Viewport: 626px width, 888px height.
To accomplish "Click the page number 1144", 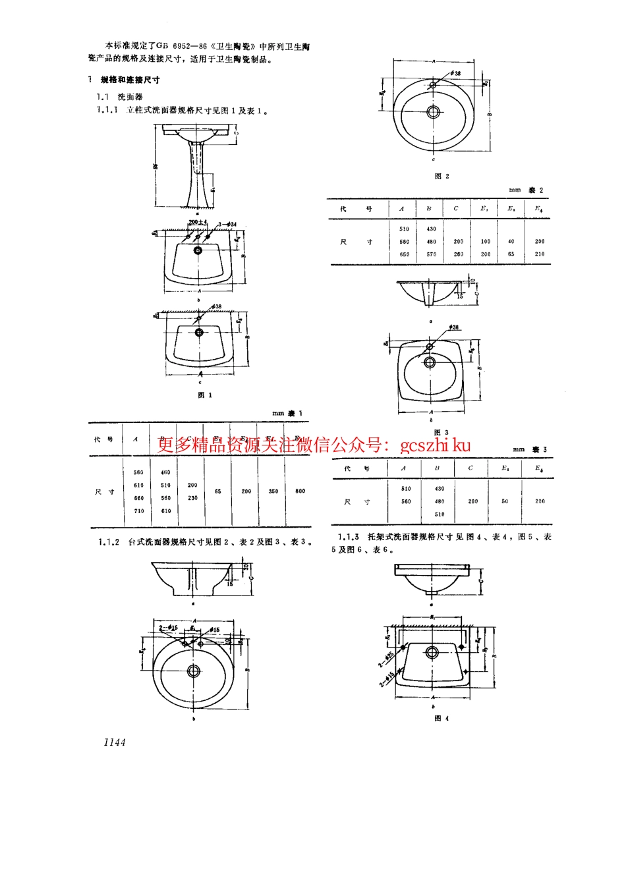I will point(114,742).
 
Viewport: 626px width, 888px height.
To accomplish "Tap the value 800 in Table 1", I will point(300,491).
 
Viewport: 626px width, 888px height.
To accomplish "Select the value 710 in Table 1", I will point(138,511).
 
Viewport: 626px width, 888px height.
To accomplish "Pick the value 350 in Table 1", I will point(273,491).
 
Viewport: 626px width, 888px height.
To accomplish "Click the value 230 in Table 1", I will point(192,498).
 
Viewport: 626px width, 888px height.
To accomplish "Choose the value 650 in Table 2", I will point(404,254).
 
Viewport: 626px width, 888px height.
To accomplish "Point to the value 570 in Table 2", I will point(431,254).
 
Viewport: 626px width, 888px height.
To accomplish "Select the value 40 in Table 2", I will point(511,241).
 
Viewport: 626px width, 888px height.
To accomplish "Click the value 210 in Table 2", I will point(540,254).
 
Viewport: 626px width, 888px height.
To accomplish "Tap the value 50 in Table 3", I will point(505,501).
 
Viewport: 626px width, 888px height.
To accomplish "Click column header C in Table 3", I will point(470,468).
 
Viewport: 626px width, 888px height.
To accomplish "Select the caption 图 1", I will point(205,395).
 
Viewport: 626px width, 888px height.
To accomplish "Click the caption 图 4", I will point(441,718).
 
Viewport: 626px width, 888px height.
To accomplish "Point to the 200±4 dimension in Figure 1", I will point(198,222).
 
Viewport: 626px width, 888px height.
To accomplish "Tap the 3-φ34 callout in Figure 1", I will point(227,225).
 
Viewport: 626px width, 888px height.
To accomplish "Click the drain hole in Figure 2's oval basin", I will point(433,112).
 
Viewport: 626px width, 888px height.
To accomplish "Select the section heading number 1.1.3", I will point(349,537).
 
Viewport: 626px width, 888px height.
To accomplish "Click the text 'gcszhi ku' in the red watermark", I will point(435,445).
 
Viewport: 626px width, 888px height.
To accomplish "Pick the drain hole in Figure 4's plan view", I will point(432,652).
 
